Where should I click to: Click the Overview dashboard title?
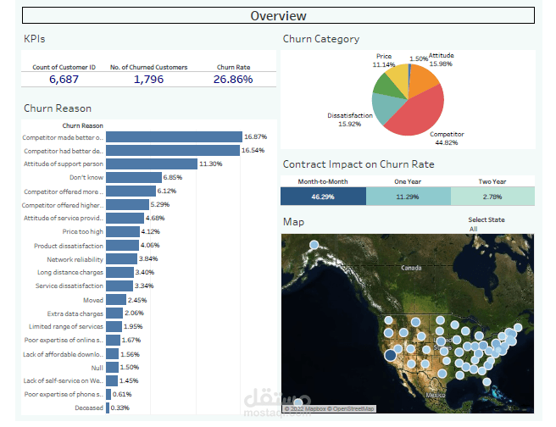click(278, 15)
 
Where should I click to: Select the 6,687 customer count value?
click(64, 79)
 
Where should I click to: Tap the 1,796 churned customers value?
click(148, 79)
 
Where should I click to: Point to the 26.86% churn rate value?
click(234, 79)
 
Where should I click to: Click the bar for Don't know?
click(133, 177)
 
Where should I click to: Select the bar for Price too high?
click(123, 231)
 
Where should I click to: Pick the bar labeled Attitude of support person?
click(151, 164)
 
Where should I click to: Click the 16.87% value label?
click(255, 136)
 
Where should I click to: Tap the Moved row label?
click(92, 300)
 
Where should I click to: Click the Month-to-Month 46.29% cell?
click(323, 196)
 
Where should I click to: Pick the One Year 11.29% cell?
click(408, 196)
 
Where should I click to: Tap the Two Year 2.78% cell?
click(492, 196)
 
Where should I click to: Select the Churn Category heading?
click(320, 39)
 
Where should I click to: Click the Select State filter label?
click(486, 219)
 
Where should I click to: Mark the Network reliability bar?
click(121, 258)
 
